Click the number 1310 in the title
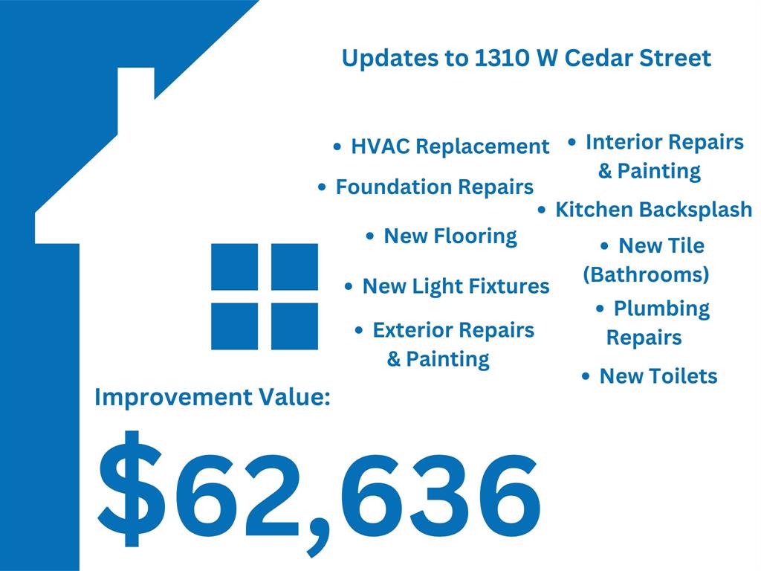point(502,58)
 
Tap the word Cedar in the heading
point(598,58)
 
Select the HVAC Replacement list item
point(450,146)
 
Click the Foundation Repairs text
point(434,187)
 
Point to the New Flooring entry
point(450,236)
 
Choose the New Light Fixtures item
point(456,286)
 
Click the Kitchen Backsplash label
point(654,210)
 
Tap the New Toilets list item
point(658,376)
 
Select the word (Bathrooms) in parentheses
point(646,275)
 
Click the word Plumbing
point(661,309)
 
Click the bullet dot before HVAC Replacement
point(337,146)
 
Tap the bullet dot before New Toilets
point(586,376)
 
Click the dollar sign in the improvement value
point(129,488)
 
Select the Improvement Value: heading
point(213,397)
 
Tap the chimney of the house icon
point(136,100)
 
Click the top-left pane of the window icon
point(234,267)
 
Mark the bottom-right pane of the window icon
point(294,326)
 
